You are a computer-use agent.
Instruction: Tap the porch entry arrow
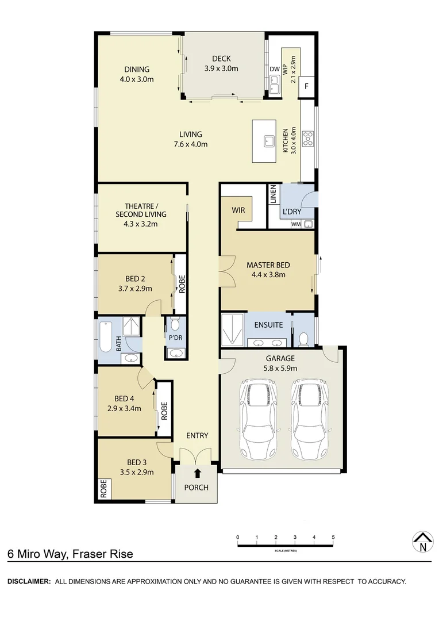(x=197, y=473)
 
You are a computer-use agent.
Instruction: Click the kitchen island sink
(x=268, y=141)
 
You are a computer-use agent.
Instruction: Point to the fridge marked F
(x=307, y=86)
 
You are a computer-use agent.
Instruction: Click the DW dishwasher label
(x=274, y=70)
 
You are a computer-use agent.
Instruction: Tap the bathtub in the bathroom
(x=106, y=338)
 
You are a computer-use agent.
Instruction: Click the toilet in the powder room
(x=175, y=324)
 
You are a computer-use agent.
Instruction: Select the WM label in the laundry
(x=295, y=224)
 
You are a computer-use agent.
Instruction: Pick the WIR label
(x=238, y=210)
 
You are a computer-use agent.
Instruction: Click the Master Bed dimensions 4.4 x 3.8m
(x=268, y=274)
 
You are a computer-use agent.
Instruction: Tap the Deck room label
(x=221, y=59)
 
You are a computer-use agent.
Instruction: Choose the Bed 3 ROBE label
(x=104, y=489)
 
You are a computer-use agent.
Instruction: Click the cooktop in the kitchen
(x=307, y=137)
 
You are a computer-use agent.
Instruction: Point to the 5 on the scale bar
(x=333, y=537)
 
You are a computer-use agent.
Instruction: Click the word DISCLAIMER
(x=29, y=581)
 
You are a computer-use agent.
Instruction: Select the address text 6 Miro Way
(x=37, y=554)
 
